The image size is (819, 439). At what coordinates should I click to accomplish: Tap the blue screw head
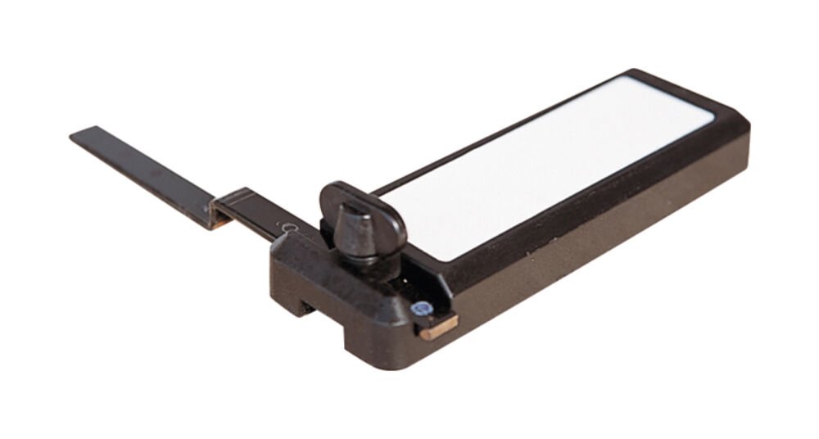421,310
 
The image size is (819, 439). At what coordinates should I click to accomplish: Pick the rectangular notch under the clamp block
305,306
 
